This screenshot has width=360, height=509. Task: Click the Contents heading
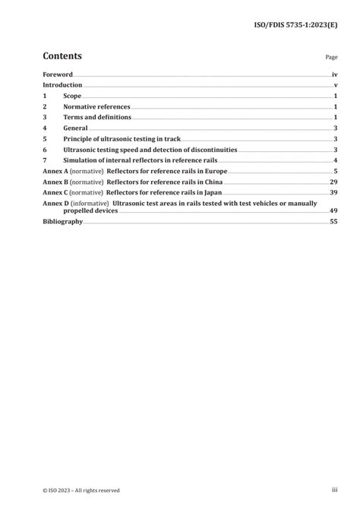[62, 55]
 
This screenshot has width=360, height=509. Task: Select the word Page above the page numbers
[331, 57]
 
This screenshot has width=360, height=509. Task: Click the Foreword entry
[58, 75]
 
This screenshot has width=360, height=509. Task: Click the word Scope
[73, 96]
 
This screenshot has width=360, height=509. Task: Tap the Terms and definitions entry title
[97, 118]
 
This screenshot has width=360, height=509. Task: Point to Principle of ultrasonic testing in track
[121, 140]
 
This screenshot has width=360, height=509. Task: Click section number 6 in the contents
[45, 150]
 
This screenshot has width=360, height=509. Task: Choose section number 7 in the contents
[45, 161]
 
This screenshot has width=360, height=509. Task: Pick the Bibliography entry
[63, 221]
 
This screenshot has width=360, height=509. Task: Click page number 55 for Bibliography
[333, 221]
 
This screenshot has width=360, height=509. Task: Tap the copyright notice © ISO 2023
[81, 490]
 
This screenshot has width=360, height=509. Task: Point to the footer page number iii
[334, 490]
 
